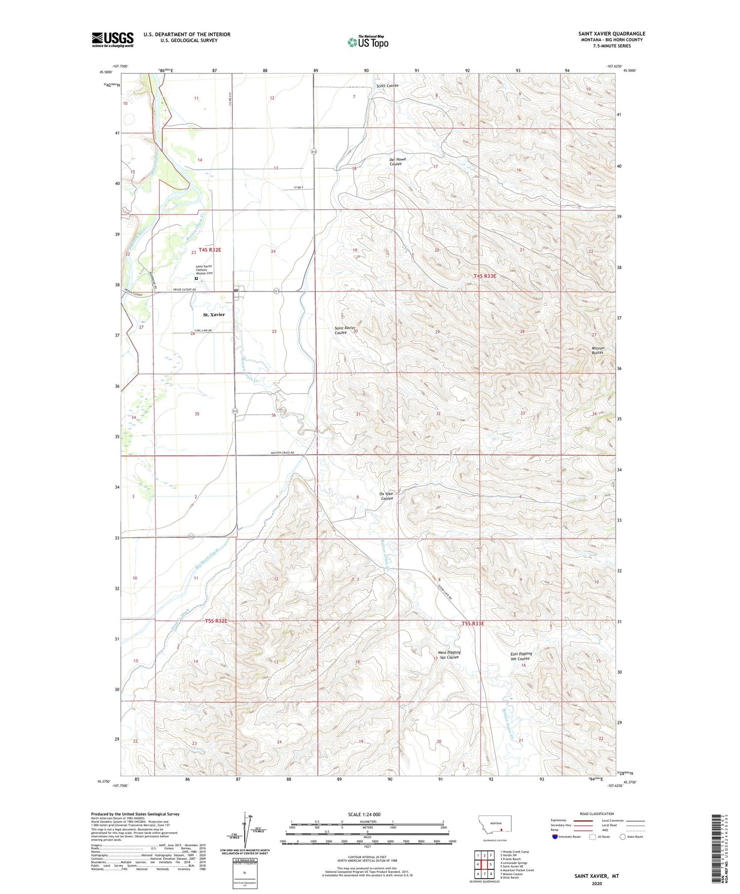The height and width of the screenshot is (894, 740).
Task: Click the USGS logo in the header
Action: [x=112, y=39]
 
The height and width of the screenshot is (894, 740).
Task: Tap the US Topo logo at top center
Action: [x=368, y=42]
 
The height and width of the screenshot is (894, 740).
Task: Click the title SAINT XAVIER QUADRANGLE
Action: [x=611, y=34]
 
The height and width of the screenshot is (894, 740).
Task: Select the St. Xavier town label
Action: [x=214, y=315]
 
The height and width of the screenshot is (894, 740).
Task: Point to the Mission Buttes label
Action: [x=597, y=350]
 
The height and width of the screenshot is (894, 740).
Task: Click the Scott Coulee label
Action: [x=387, y=86]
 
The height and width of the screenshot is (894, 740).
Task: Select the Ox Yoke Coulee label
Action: [x=386, y=496]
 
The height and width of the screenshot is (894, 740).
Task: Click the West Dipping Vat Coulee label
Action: [x=449, y=654]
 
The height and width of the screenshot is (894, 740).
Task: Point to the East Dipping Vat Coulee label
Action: [x=520, y=656]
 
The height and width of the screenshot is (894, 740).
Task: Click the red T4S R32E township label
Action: [x=210, y=250]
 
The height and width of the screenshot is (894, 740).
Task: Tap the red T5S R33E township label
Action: [x=473, y=624]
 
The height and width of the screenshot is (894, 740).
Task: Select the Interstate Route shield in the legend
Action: [x=555, y=836]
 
